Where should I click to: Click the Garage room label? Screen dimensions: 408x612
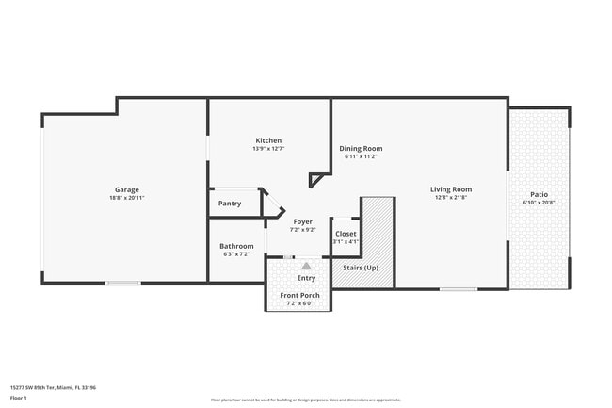point(127,189)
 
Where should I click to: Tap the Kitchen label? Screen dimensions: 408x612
point(268,140)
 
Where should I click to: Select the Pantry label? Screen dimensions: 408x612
point(229,204)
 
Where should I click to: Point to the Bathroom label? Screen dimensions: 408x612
point(236,246)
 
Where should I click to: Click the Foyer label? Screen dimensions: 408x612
point(302,221)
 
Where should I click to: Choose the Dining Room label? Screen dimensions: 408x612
point(361,148)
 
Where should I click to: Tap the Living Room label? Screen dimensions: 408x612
point(451,189)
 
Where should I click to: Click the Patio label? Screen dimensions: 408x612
point(539,194)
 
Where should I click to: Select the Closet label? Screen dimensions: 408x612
point(346,234)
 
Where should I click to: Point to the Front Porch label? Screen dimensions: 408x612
point(299,296)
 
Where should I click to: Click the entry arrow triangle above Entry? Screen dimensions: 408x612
point(305,267)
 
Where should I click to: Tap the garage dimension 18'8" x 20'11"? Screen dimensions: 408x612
point(127,198)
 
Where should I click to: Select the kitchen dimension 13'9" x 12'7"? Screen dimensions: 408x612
point(268,149)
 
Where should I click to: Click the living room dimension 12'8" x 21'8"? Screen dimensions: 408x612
point(451,198)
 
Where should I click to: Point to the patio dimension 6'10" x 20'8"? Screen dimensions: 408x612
point(539,203)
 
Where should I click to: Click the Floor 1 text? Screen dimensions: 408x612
point(19,398)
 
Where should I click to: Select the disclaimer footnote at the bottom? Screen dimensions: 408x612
point(305,400)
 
